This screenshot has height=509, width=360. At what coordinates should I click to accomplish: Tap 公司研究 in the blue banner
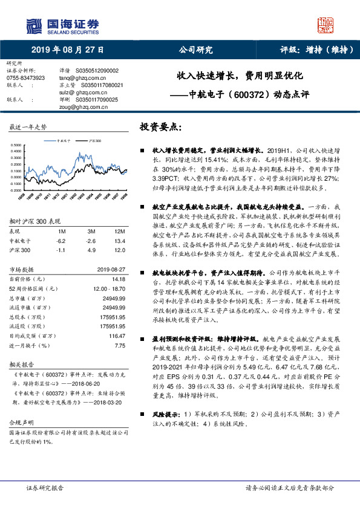pyautogui.click(x=192, y=51)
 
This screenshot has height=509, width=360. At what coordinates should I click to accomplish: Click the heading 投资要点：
pyautogui.click(x=160, y=128)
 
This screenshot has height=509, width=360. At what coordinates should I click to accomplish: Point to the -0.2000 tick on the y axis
pyautogui.click(x=18, y=189)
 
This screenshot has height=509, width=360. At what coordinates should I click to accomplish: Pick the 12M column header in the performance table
pyautogui.click(x=119, y=231)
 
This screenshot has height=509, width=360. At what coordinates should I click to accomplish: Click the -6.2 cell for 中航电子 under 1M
pyautogui.click(x=61, y=240)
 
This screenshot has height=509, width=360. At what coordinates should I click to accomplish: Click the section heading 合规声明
pyautogui.click(x=19, y=421)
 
